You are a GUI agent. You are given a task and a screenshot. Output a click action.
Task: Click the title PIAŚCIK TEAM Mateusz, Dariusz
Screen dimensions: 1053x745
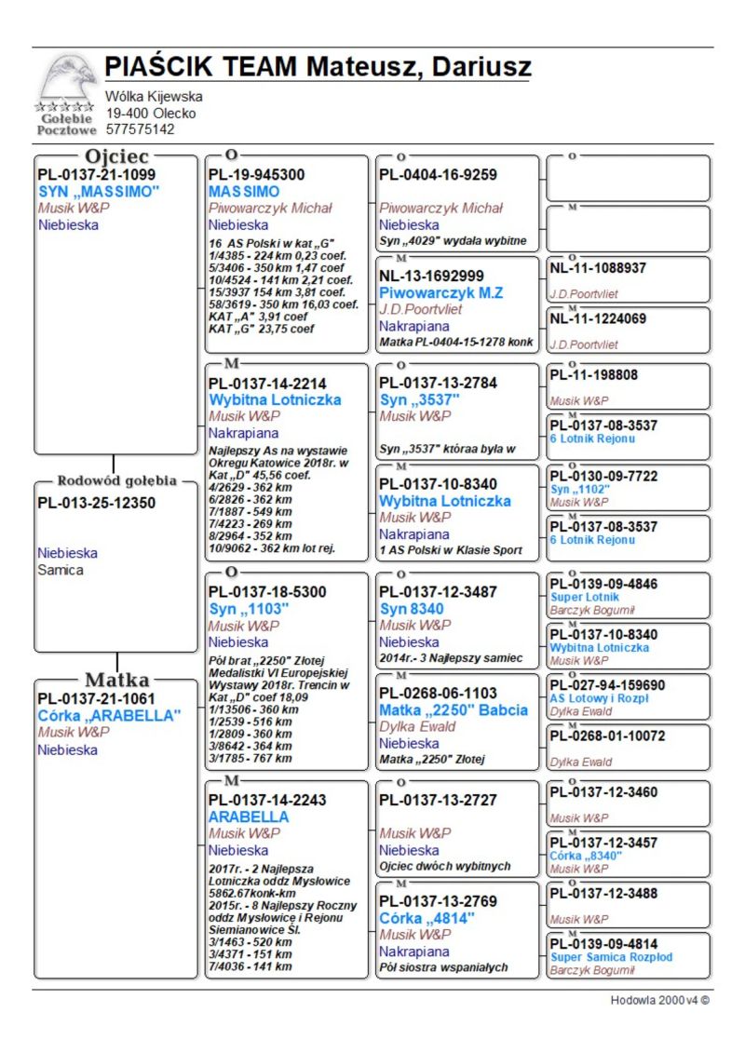point(318,67)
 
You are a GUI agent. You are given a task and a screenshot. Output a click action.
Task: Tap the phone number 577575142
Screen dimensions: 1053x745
point(140,129)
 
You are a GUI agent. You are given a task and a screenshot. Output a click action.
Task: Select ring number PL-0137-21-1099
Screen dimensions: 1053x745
point(96,174)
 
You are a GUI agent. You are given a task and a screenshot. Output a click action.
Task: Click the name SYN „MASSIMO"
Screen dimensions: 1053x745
point(99,191)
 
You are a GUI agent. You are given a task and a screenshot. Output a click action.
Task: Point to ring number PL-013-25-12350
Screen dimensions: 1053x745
point(96,503)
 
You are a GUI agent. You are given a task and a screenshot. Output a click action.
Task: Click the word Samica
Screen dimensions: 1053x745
point(61,570)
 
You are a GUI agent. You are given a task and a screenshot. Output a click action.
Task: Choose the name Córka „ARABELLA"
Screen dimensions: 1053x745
point(108,715)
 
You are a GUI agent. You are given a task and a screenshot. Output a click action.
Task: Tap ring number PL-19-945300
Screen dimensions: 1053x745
point(256,174)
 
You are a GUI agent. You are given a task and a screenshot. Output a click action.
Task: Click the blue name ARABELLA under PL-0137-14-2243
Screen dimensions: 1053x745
point(249,817)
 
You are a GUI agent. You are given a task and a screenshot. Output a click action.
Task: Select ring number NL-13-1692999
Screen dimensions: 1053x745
point(431,276)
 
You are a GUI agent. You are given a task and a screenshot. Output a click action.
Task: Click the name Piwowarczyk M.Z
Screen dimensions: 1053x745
point(440,292)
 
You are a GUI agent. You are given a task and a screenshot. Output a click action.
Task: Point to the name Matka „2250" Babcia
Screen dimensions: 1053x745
point(453,709)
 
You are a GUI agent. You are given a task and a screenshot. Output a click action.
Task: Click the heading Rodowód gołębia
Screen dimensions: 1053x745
point(116,480)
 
